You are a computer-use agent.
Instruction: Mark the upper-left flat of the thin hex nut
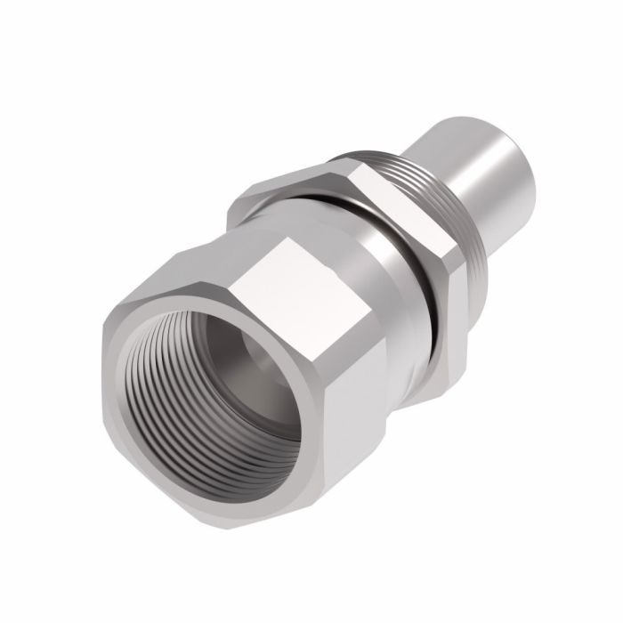point(294,182)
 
